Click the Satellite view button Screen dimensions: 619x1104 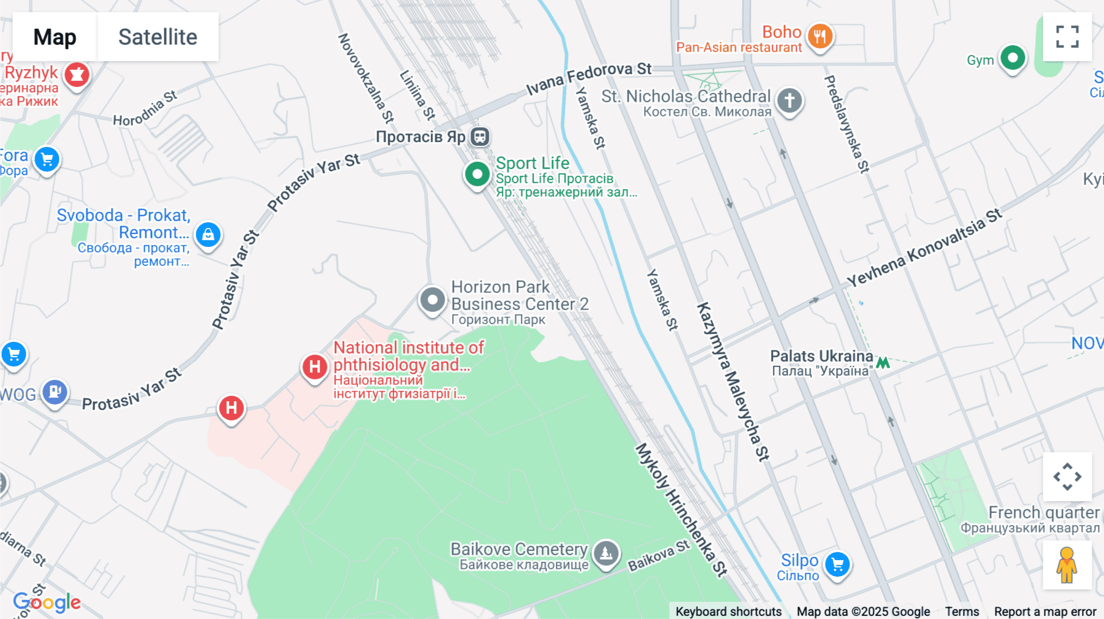[x=158, y=37]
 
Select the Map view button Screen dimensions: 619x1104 [x=55, y=37]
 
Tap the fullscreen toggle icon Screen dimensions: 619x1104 [x=1067, y=37]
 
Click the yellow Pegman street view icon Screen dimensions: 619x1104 [x=1067, y=565]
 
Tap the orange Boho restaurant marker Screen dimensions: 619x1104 [x=819, y=36]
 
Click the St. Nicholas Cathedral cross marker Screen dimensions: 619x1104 [x=789, y=99]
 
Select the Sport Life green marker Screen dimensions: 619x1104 [x=477, y=174]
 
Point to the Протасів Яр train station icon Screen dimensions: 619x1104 [x=480, y=137]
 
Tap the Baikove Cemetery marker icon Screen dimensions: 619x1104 [x=606, y=553]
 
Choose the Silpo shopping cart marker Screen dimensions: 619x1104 [x=837, y=564]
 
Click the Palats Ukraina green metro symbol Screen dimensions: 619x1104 [x=883, y=363]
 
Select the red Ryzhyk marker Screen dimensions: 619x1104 [x=77, y=75]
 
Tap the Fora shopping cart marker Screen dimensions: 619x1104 [x=47, y=159]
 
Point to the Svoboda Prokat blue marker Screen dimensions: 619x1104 [x=208, y=235]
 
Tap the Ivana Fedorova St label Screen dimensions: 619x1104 [x=589, y=78]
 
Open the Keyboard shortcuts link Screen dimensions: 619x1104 [x=728, y=611]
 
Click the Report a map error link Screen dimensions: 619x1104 [x=1045, y=611]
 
